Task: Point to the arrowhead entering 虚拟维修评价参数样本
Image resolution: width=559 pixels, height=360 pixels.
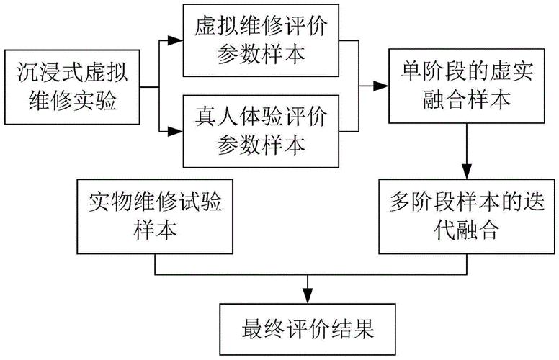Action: (176, 42)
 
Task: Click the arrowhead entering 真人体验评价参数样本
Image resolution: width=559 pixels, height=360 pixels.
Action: (176, 131)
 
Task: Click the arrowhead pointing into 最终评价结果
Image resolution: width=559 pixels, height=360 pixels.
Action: (308, 296)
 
